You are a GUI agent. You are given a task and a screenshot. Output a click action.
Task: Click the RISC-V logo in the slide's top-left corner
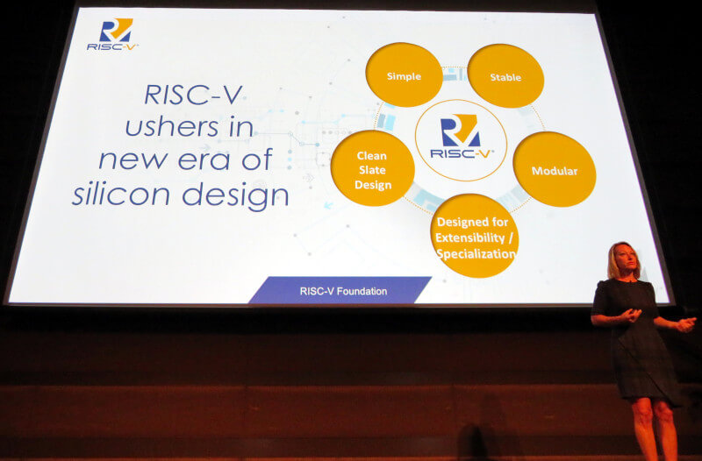[x=113, y=34]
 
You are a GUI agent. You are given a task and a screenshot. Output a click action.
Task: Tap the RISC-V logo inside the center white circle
[x=462, y=137]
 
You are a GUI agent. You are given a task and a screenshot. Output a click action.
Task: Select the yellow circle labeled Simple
[x=404, y=74]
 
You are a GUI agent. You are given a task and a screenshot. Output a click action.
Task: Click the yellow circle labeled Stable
[x=505, y=76]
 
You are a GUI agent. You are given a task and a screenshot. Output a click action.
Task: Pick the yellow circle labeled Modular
[x=555, y=169]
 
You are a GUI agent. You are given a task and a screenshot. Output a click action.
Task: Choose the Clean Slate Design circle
[x=372, y=168]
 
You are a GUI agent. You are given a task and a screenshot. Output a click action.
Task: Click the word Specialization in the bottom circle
[x=476, y=254]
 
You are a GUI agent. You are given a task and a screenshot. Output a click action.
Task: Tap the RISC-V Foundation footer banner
[x=340, y=290]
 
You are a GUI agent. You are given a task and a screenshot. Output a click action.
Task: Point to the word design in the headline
[x=235, y=196]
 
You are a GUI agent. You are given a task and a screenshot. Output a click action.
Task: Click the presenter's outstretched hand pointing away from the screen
[x=686, y=323]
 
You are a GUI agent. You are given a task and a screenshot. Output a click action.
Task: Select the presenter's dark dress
[x=638, y=340]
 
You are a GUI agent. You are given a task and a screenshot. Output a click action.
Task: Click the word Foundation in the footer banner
[x=362, y=291]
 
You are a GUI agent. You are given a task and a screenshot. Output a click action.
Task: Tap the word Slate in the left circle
[x=372, y=170]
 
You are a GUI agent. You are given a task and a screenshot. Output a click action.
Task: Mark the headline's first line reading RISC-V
[x=193, y=95]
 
